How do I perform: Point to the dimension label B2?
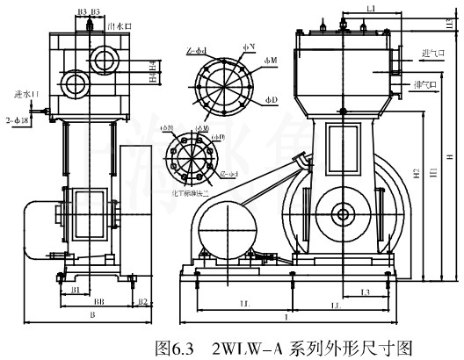(142, 300)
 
